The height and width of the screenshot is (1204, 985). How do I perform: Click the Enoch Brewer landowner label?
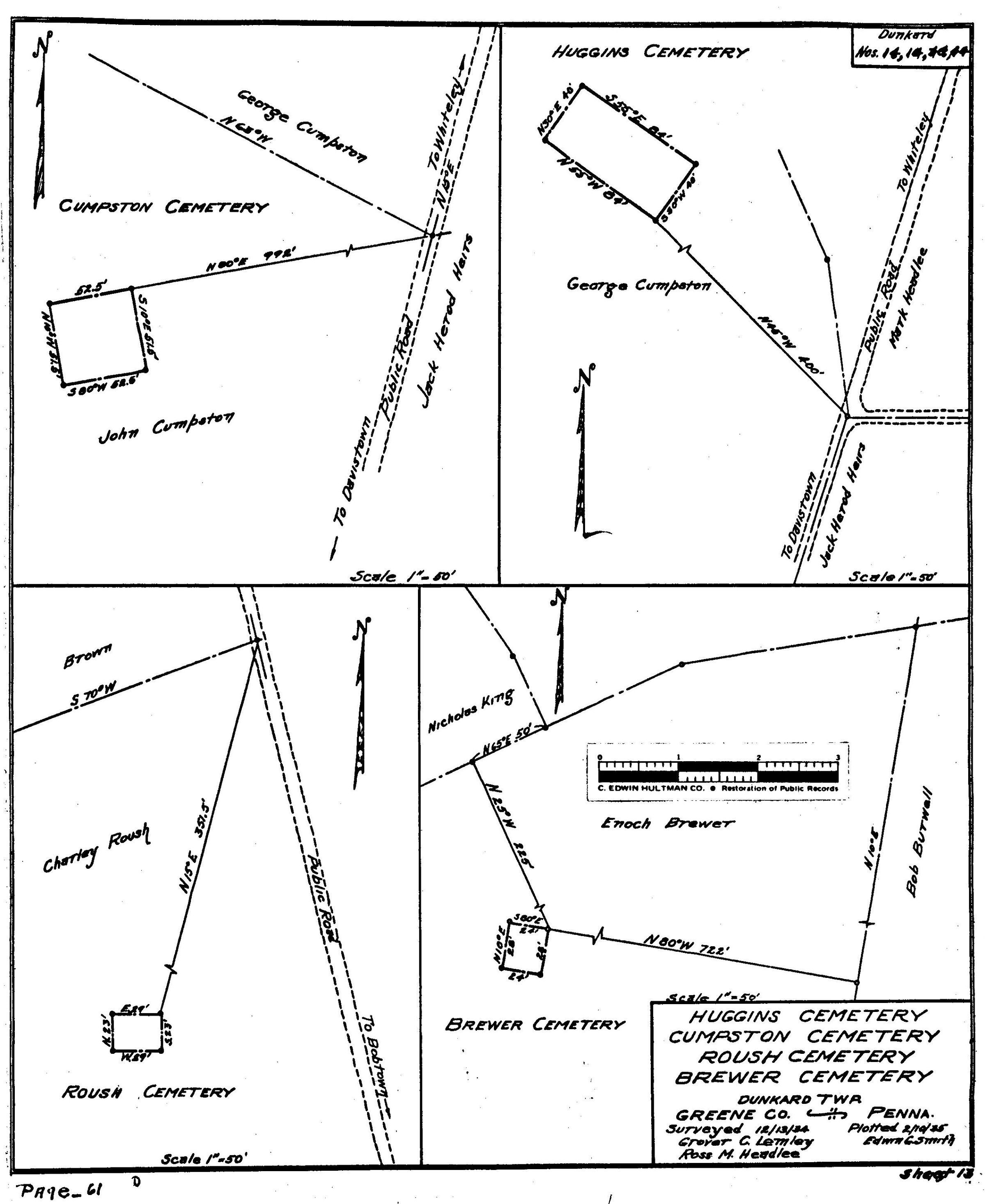pos(667,824)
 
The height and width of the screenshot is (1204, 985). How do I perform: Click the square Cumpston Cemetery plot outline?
pos(98,336)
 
